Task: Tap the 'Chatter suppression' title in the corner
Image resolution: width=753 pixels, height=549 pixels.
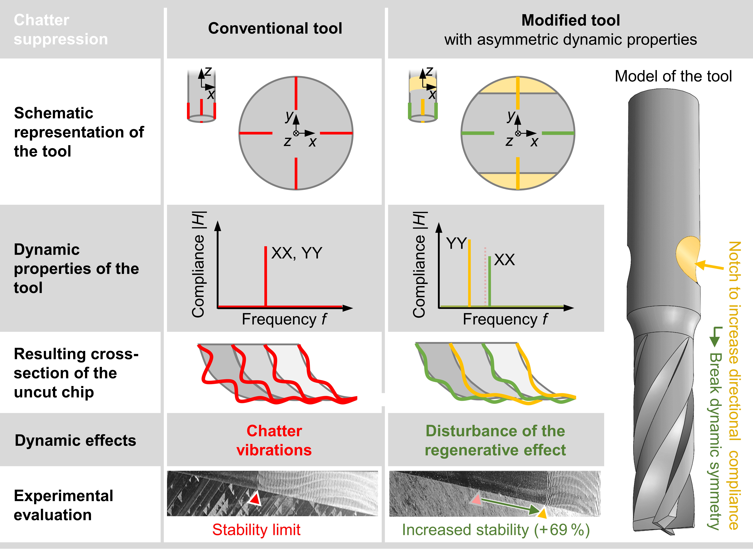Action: (x=61, y=30)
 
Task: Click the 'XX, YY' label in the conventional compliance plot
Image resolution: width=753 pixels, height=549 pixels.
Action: (x=297, y=253)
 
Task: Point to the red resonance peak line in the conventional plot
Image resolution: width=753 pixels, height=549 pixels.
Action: (x=266, y=276)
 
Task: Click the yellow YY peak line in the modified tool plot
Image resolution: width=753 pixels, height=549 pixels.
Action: (x=469, y=272)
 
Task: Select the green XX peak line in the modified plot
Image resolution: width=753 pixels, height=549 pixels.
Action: (x=490, y=281)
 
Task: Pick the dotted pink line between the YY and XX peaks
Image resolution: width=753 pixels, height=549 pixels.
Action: (x=485, y=276)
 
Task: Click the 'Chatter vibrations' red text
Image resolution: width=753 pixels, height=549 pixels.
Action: (x=274, y=440)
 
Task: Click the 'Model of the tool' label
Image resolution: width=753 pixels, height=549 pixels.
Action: (x=673, y=76)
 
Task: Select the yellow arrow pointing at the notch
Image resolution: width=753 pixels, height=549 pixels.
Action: (x=710, y=266)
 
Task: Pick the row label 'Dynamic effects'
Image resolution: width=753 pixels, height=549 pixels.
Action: (x=76, y=441)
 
